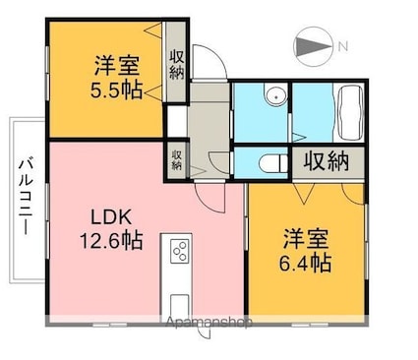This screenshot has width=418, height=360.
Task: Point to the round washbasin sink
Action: (x=276, y=96)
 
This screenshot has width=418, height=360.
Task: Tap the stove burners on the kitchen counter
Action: (x=180, y=252)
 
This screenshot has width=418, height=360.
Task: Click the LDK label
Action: (x=108, y=215)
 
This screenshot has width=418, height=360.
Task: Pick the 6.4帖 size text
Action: (x=306, y=263)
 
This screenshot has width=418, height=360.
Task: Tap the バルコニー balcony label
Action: (x=27, y=196)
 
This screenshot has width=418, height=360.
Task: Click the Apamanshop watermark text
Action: (x=210, y=322)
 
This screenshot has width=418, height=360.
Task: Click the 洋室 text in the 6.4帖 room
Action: (x=306, y=238)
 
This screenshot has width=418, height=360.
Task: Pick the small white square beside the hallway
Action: (x=175, y=120)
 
